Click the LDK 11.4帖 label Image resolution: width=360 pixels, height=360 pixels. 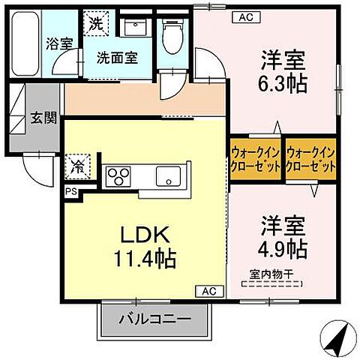[x=145, y=246]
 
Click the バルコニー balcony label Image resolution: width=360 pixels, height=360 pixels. [x=154, y=320]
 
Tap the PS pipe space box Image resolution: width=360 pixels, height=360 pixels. [x=70, y=191]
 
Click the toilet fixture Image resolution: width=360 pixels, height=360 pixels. [x=172, y=34]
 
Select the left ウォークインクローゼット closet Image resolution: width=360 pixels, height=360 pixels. [x=256, y=159]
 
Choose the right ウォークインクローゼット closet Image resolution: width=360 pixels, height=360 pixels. [x=310, y=159]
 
